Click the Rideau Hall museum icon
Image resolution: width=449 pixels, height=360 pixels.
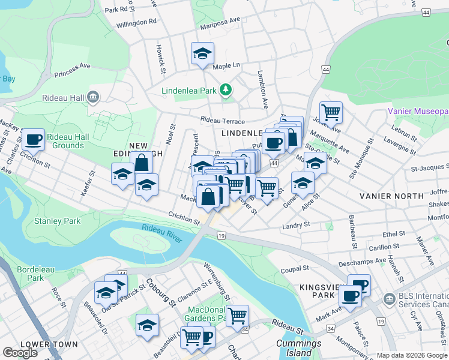pos(92,97)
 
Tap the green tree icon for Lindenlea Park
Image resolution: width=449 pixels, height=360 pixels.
pos(226,91)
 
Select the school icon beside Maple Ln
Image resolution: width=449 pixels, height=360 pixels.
pos(202,53)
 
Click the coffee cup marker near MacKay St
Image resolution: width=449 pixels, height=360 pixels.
pos(33,140)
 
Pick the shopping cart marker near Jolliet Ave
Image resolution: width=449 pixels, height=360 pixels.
pos(331,112)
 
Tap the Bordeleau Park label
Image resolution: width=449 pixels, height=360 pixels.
pos(31,274)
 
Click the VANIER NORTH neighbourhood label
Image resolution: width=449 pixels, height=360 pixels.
pos(392,196)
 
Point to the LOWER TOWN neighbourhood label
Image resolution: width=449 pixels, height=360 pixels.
pos(49,344)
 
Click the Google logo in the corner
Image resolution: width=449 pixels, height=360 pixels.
pos(20,353)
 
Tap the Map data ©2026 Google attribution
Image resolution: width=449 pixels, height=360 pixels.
pos(412,355)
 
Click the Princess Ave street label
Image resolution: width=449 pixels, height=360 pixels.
pos(71,70)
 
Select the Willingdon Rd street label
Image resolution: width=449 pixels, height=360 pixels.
pos(136,20)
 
